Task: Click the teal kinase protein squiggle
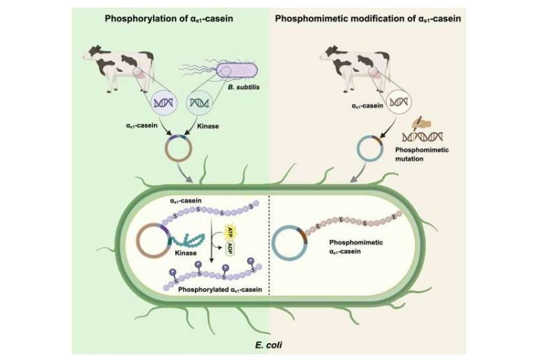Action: pyautogui.click(x=189, y=239)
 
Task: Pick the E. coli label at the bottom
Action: pyautogui.click(x=268, y=345)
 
